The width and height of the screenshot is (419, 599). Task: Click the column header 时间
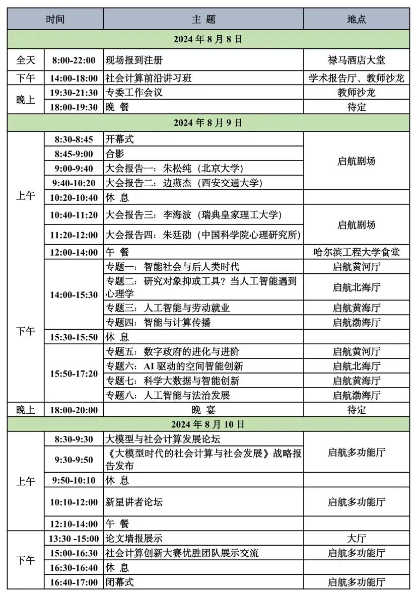pyautogui.click(x=55, y=19)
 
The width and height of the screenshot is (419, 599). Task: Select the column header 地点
pyautogui.click(x=356, y=19)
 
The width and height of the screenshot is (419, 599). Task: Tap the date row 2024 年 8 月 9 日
pyautogui.click(x=208, y=122)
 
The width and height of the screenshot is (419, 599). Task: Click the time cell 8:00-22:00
pyautogui.click(x=74, y=60)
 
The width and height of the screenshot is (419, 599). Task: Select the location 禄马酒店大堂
pyautogui.click(x=356, y=60)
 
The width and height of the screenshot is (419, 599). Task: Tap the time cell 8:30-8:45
pyautogui.click(x=74, y=139)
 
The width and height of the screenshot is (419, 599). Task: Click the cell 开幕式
pyautogui.click(x=120, y=139)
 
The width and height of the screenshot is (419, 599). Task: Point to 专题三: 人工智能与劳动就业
pyautogui.click(x=167, y=308)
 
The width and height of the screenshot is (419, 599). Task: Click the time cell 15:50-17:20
pyautogui.click(x=74, y=373)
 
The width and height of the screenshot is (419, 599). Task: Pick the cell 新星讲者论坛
pyautogui.click(x=134, y=502)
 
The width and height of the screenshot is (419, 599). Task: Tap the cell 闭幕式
pyautogui.click(x=120, y=582)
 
